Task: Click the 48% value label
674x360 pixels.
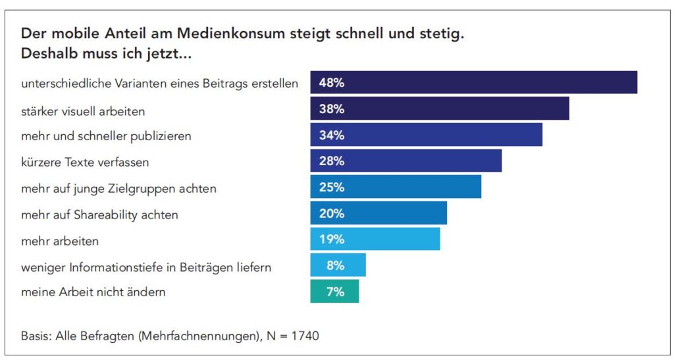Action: tap(332, 83)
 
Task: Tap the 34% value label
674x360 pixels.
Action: tap(332, 136)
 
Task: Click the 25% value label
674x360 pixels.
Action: tap(332, 188)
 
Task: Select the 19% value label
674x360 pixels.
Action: tap(332, 240)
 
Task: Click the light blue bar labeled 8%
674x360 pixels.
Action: tap(338, 266)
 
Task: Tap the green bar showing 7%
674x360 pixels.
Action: tap(334, 292)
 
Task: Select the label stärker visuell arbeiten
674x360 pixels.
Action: tap(83, 111)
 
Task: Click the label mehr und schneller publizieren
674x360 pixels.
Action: tap(106, 137)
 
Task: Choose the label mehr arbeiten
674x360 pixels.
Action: tap(60, 241)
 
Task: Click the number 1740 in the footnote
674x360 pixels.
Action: tap(305, 336)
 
